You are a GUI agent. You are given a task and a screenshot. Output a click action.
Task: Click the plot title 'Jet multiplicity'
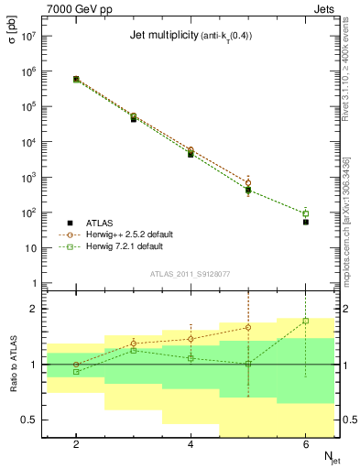163,36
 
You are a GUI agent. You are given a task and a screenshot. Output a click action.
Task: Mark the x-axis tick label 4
191,444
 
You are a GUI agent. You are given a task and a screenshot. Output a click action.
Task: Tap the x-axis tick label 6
305,444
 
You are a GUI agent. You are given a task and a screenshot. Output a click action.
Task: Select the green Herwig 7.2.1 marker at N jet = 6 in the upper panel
306,213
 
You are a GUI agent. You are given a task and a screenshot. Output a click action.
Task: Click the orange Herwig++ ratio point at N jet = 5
248,327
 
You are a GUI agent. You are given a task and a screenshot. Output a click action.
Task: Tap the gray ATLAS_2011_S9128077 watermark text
191,273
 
